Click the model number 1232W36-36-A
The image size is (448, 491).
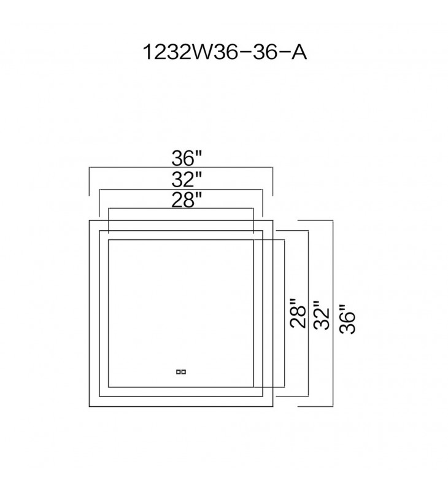(224, 52)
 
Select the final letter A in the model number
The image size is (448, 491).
(298, 52)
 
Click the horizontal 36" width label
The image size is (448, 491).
(187, 158)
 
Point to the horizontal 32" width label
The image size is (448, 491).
(186, 180)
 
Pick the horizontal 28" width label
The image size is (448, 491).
(186, 200)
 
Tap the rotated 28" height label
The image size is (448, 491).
(298, 314)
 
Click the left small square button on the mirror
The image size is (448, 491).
(178, 371)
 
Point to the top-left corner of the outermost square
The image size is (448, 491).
(90, 220)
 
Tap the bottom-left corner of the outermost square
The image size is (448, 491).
(90, 406)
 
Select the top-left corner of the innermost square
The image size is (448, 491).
(109, 240)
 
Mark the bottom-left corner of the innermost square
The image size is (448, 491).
(109, 387)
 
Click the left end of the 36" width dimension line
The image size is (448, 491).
(90, 168)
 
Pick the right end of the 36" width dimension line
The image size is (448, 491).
(272, 168)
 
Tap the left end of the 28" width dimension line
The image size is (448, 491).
(109, 209)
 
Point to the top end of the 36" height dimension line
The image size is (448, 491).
(333, 220)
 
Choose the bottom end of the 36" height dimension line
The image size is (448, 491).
(333, 406)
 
